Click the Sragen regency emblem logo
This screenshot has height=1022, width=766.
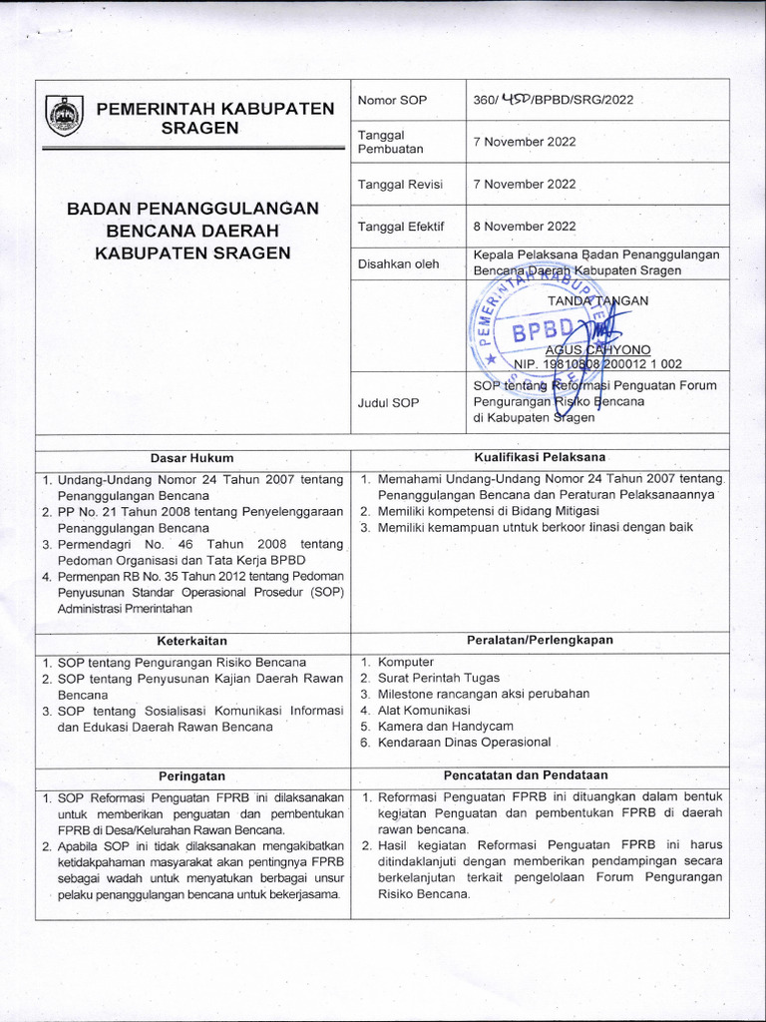(x=64, y=115)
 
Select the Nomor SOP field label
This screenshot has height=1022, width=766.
(x=392, y=101)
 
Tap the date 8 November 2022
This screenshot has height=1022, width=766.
(x=525, y=227)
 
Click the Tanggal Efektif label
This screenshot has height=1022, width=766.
(x=400, y=227)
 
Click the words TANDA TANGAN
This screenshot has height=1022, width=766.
(x=597, y=300)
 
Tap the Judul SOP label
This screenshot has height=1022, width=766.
(x=389, y=402)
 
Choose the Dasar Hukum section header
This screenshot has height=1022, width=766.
(x=191, y=457)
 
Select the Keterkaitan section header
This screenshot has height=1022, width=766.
(x=192, y=641)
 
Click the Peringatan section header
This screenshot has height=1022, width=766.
(x=192, y=775)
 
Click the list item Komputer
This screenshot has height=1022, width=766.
(x=406, y=662)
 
